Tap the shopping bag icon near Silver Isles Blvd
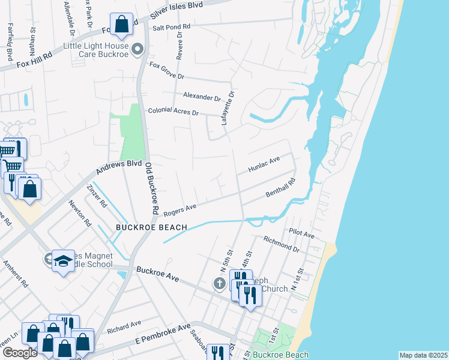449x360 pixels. pos(122,25)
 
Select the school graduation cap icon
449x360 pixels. pos(62,261)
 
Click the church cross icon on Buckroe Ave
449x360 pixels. pos(220,283)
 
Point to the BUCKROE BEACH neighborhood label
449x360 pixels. pos(152,227)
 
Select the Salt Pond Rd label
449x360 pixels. pos(171,27)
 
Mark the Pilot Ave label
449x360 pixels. pos(301,233)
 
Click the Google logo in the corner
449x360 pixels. pos(19,353)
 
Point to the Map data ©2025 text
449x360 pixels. pos(423,355)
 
